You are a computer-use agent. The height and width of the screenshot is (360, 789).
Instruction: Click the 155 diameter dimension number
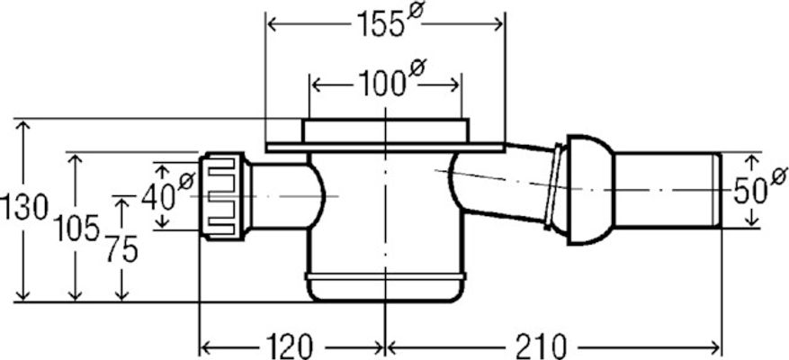[x=380, y=23]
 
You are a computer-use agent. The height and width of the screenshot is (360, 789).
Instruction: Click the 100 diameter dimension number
[x=381, y=83]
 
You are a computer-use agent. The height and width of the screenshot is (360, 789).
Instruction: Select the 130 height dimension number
[x=24, y=207]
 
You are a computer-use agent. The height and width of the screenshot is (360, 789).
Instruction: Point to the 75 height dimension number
[x=121, y=249]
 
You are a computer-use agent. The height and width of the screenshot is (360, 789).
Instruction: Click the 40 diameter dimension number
[x=158, y=196]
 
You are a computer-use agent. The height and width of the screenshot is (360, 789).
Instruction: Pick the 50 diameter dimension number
[x=749, y=192]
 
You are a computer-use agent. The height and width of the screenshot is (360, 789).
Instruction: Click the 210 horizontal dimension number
[x=542, y=346]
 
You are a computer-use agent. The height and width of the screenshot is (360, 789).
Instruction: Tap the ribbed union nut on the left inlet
[x=223, y=196]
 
